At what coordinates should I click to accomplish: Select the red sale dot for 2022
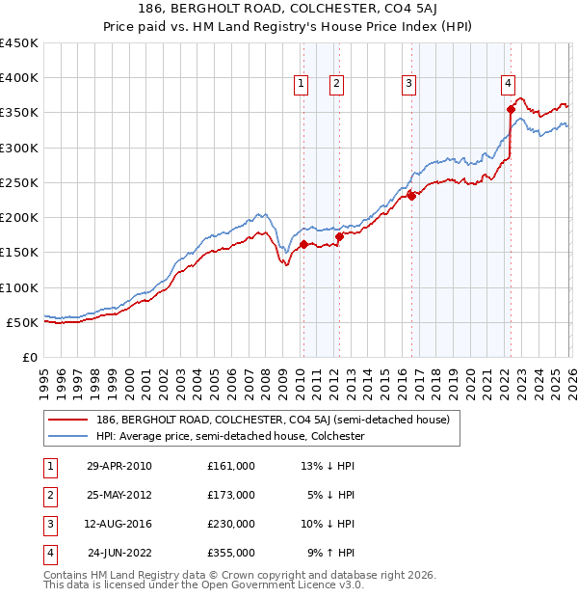tap(511, 109)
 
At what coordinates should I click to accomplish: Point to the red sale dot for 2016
tap(411, 196)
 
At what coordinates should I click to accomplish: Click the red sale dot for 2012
tap(339, 235)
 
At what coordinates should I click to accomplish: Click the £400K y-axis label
tap(19, 78)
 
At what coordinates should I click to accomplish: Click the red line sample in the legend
tap(67, 420)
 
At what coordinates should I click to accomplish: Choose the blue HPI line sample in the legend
tap(67, 436)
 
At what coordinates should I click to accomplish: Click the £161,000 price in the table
tap(231, 466)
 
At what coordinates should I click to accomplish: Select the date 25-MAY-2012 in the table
tap(118, 495)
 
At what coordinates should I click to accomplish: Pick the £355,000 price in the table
tap(231, 553)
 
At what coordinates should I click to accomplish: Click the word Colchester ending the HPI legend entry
tap(335, 436)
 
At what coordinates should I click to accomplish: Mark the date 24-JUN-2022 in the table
tap(119, 553)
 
